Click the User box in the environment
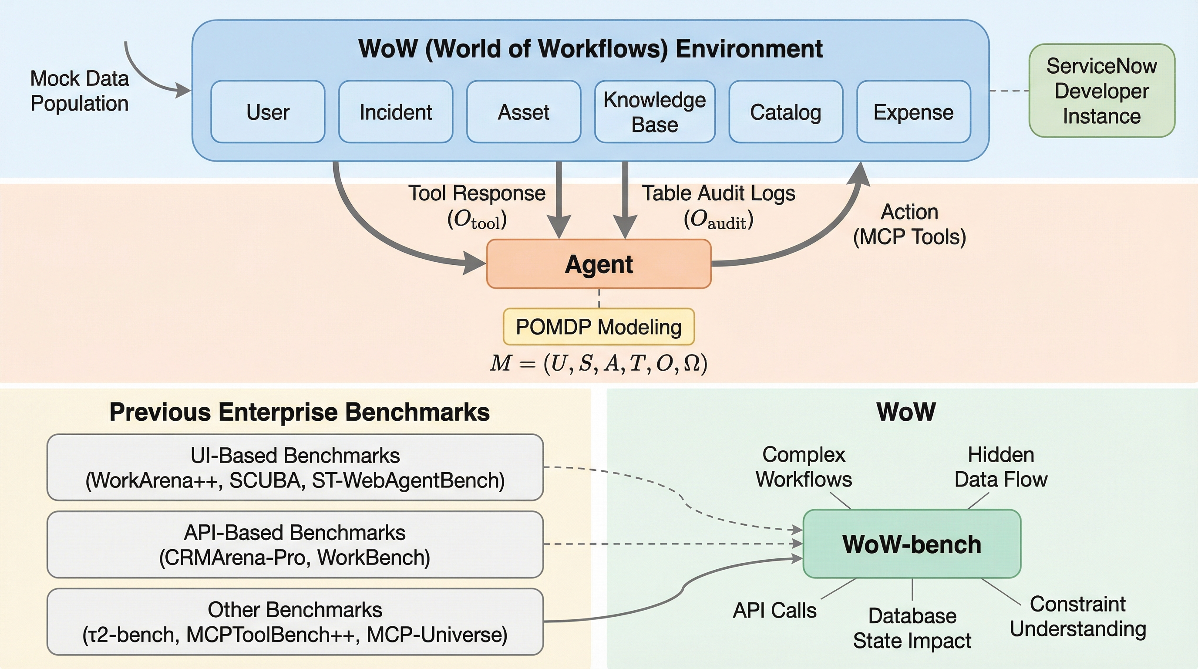[267, 111]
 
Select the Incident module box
[395, 111]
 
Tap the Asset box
[524, 111]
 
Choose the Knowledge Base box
[654, 111]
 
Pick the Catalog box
[785, 111]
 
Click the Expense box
[913, 111]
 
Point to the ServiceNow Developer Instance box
[1101, 91]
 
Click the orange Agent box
[599, 264]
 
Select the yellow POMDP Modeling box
[599, 327]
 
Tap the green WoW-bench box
[912, 544]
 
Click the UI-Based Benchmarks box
[295, 467]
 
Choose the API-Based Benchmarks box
[295, 544]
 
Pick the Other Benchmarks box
[295, 622]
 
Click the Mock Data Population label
[80, 91]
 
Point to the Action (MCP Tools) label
[910, 224]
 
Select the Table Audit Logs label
[719, 193]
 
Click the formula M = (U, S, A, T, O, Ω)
[599, 363]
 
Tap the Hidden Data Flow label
[1001, 466]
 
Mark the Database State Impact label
[912, 628]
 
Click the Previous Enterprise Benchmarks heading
[299, 412]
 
